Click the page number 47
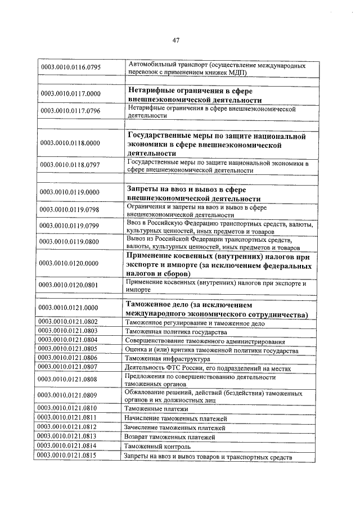[x=176, y=40]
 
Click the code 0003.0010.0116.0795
[x=70, y=69]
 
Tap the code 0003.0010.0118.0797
[x=70, y=165]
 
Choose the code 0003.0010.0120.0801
[x=70, y=285]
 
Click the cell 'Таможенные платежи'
[x=157, y=409]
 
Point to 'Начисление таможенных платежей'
[x=177, y=418]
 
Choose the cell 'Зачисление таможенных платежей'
[x=177, y=428]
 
